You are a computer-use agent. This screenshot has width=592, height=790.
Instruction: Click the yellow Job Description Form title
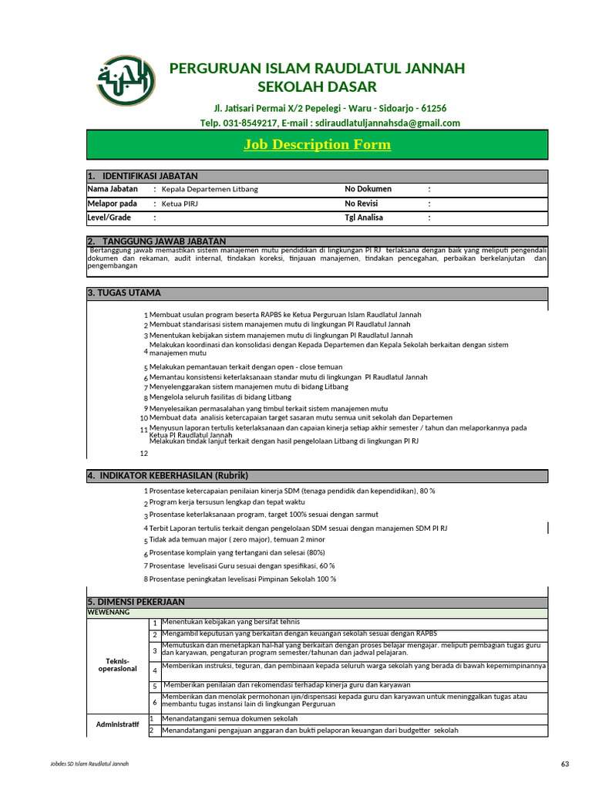coord(317,145)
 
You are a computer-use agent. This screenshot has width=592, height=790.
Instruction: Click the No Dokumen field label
coord(368,189)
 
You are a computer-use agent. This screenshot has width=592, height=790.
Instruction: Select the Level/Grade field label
coord(109,218)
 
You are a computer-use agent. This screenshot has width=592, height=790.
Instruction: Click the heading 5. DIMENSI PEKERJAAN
coord(136,602)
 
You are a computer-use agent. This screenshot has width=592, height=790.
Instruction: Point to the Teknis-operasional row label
coord(116,665)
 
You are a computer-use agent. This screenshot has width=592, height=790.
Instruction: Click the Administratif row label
coord(116,724)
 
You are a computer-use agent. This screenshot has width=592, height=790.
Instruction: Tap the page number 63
coord(565,764)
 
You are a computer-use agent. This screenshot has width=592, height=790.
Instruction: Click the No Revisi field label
coord(362,204)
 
